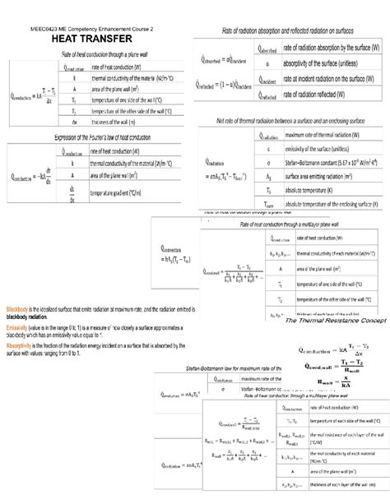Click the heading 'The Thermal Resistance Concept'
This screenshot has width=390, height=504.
(x=335, y=320)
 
